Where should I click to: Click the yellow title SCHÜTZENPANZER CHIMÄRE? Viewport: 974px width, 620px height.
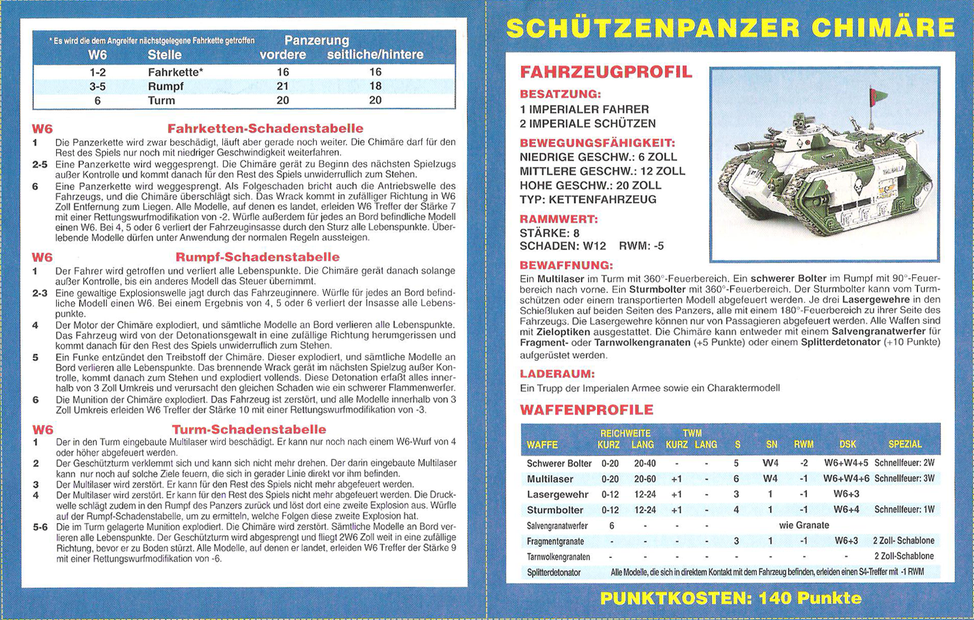click(x=730, y=28)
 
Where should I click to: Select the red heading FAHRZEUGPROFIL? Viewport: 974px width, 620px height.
click(x=606, y=72)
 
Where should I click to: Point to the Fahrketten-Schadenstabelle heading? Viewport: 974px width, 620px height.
click(x=265, y=129)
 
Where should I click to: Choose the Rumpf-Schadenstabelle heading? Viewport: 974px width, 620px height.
click(x=257, y=257)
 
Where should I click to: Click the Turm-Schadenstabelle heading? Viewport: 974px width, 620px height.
click(x=249, y=429)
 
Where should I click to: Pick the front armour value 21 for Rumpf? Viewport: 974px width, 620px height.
click(x=282, y=86)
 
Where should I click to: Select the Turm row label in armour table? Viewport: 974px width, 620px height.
click(x=161, y=101)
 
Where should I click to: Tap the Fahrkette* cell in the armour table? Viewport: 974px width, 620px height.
click(x=175, y=72)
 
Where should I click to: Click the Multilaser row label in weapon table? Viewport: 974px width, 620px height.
click(x=550, y=479)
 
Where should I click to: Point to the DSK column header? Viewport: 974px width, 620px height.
click(x=848, y=444)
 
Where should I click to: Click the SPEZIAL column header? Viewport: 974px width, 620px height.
click(x=904, y=444)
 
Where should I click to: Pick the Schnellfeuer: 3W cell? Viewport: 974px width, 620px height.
click(x=904, y=479)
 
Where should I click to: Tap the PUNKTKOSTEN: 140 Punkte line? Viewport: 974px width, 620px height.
click(x=730, y=598)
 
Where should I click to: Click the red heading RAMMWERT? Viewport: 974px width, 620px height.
click(x=558, y=219)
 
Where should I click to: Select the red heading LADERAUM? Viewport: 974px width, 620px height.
click(x=557, y=374)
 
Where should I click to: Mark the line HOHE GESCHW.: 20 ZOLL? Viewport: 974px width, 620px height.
click(x=590, y=185)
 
